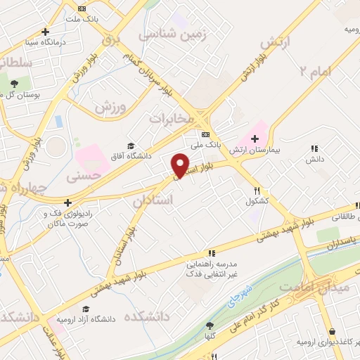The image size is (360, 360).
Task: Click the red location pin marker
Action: [x=181, y=164]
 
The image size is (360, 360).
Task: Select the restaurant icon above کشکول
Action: [x=257, y=190]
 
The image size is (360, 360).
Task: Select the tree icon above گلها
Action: [x=210, y=325]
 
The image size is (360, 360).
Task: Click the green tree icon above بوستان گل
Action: [x=15, y=84]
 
